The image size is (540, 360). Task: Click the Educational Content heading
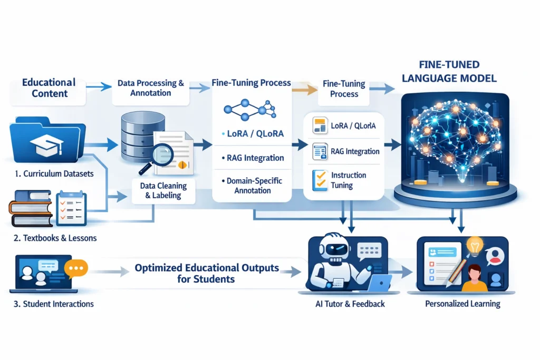[49, 88]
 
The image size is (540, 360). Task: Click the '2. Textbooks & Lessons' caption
[55, 238]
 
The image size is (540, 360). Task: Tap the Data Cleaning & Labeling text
[163, 190]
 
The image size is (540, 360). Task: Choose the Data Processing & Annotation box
[151, 88]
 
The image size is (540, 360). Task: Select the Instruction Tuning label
[349, 180]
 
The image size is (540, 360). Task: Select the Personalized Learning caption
[462, 304]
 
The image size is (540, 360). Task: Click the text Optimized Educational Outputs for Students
[206, 273]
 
